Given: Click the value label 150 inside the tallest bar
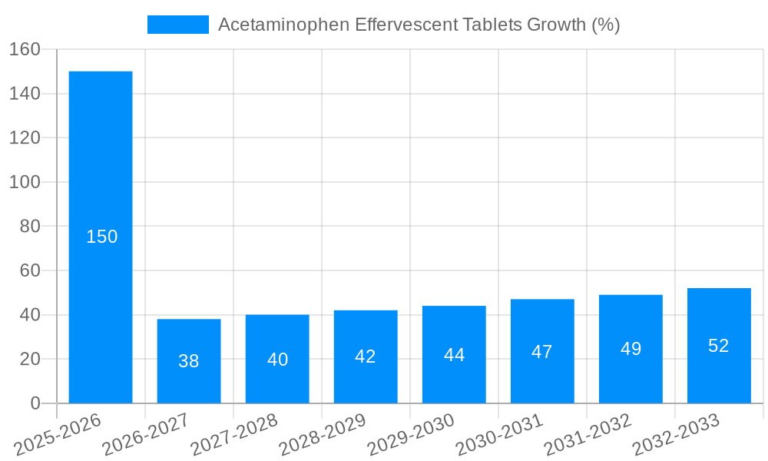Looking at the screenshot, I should click(x=102, y=237).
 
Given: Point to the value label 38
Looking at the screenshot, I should click(x=189, y=361).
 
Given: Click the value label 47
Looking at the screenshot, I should click(x=542, y=352).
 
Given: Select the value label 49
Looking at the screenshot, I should click(x=631, y=349).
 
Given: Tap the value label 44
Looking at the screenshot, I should click(x=454, y=355).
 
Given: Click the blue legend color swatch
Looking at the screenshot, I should click(x=177, y=25).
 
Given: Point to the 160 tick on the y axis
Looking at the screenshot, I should click(x=25, y=49).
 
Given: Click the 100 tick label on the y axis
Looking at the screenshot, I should click(x=25, y=182).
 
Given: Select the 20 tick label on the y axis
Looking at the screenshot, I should click(x=30, y=359).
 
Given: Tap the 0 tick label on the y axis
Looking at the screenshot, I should click(x=35, y=403).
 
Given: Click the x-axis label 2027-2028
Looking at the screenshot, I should click(x=234, y=435).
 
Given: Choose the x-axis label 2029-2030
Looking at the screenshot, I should click(x=411, y=435).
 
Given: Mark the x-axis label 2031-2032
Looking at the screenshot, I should click(x=588, y=435).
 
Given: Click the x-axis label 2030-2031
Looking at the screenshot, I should click(x=499, y=435).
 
